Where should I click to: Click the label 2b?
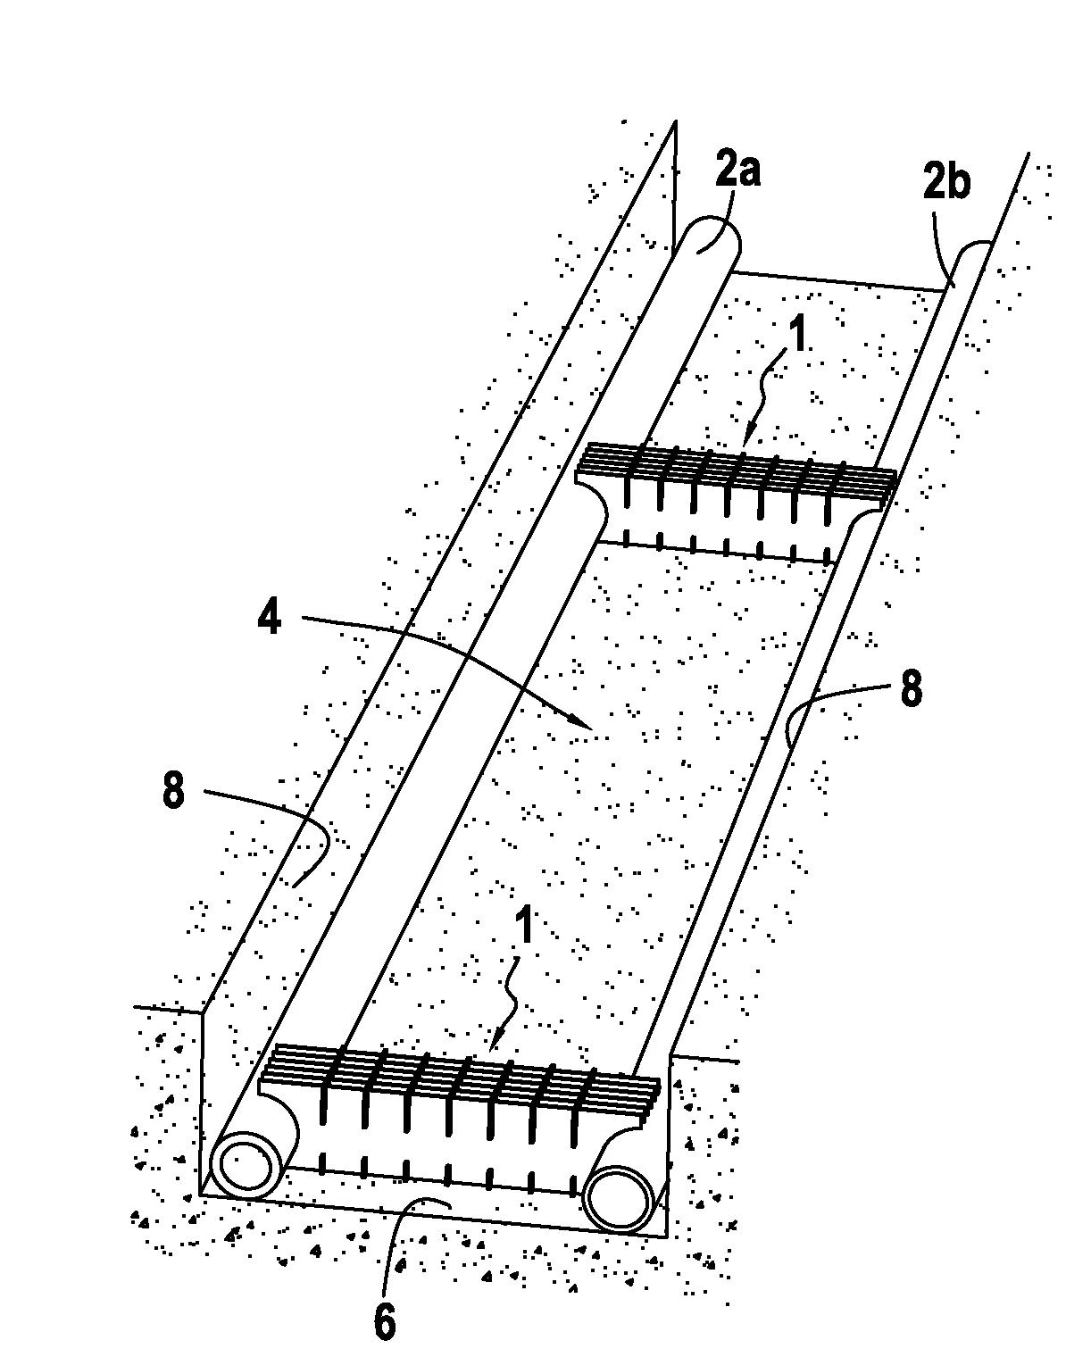946,181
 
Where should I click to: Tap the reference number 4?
270,617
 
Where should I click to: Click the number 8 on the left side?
173,790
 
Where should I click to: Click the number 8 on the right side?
912,689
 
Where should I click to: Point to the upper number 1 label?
798,334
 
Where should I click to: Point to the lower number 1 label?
524,927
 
